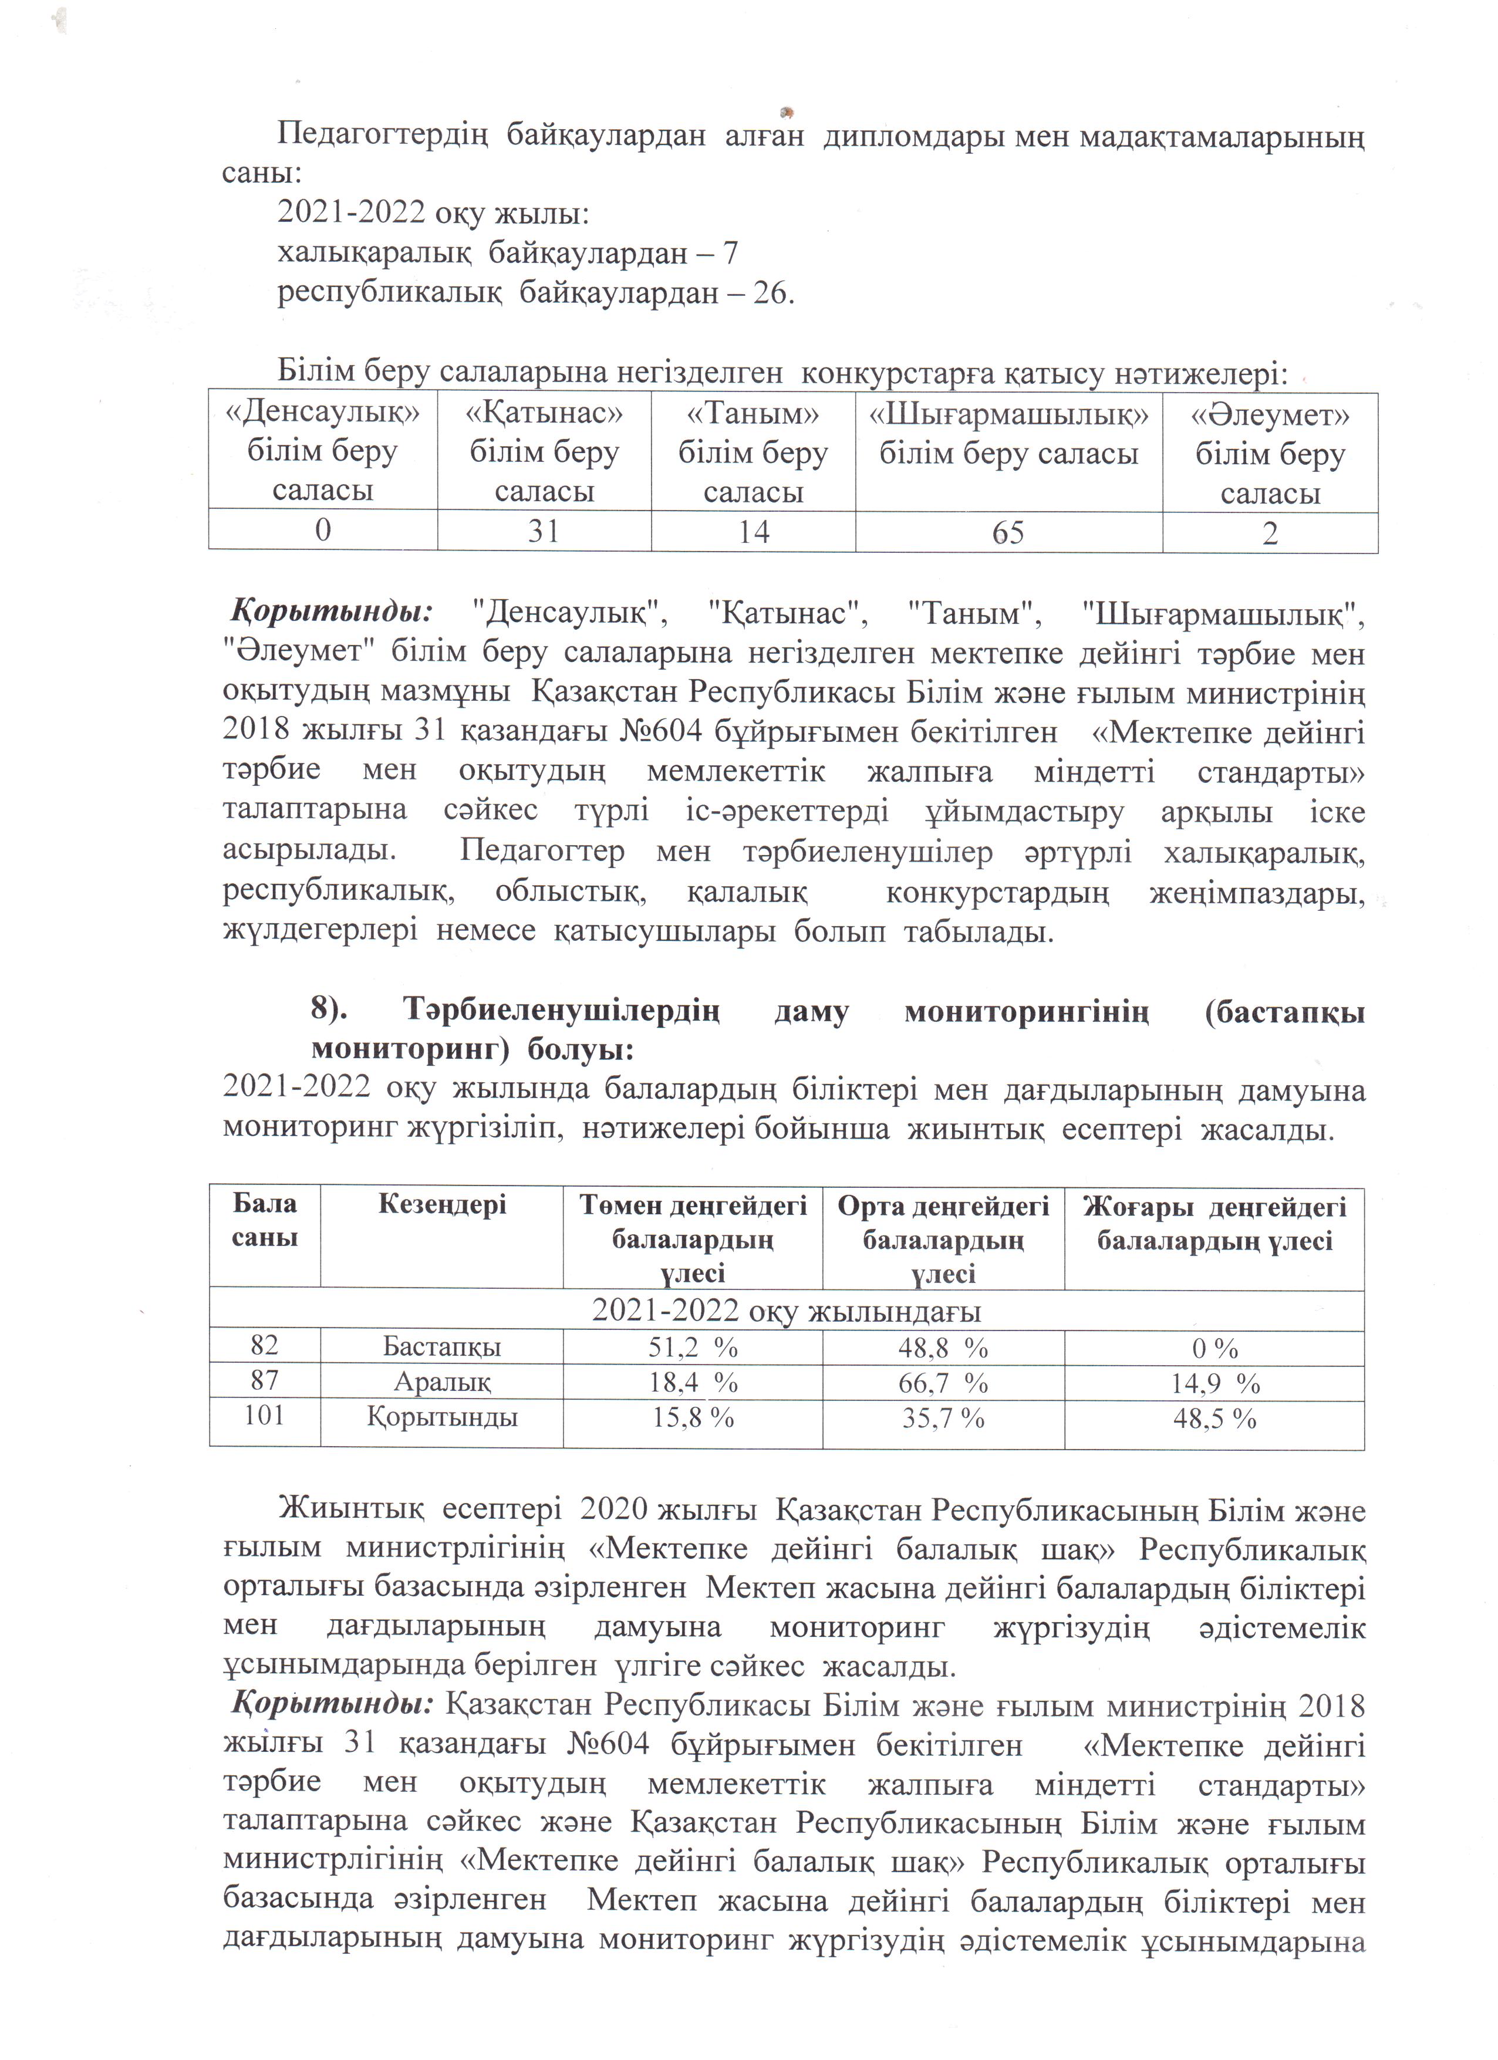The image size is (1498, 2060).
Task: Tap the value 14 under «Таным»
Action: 753,531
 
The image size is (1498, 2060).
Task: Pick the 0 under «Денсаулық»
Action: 322,529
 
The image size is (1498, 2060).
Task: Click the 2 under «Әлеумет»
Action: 1270,533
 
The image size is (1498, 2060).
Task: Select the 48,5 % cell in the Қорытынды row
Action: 1214,1418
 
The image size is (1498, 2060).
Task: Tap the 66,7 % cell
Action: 943,1383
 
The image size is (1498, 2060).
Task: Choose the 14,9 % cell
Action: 1214,1383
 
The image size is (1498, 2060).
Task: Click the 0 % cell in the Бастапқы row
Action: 1214,1349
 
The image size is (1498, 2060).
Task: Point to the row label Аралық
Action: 441,1382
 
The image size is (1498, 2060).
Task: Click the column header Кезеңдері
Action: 441,1205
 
